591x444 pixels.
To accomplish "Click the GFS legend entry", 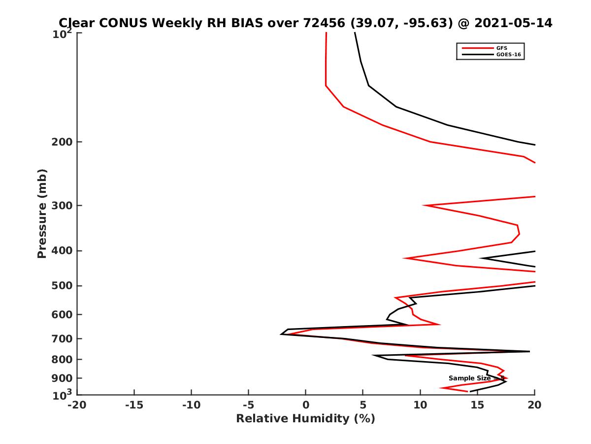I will pyautogui.click(x=502, y=48).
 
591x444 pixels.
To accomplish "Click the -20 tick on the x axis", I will pyautogui.click(x=77, y=405).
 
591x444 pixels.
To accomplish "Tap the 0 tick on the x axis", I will pyautogui.click(x=306, y=405).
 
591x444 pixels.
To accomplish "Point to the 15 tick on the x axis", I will pyautogui.click(x=477, y=405).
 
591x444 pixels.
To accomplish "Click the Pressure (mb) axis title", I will pyautogui.click(x=42, y=213).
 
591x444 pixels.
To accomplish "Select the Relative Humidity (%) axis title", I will pyautogui.click(x=305, y=419).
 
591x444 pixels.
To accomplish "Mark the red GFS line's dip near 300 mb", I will pyautogui.click(x=424, y=205).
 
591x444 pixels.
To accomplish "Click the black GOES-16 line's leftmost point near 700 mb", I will pyautogui.click(x=281, y=334).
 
